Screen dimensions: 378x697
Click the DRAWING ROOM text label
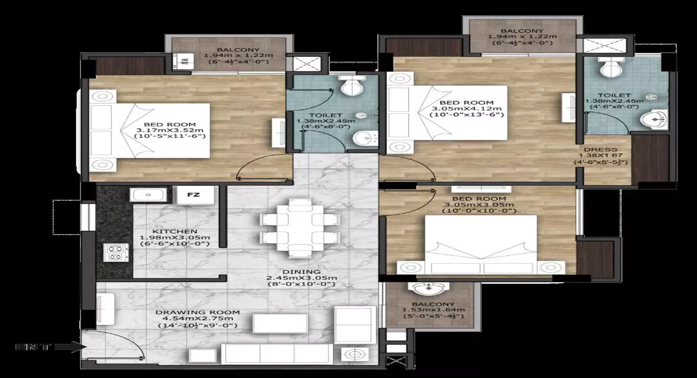click(198, 312)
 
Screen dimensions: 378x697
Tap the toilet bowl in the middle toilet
click(352, 86)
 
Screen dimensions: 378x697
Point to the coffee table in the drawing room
click(280, 323)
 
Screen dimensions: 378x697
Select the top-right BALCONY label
click(522, 31)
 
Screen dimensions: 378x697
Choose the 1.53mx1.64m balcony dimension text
click(434, 310)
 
